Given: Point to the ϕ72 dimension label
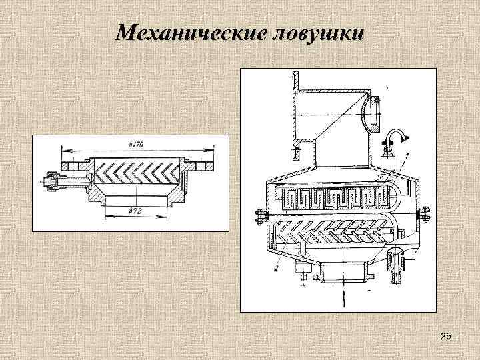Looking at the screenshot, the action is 136,211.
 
